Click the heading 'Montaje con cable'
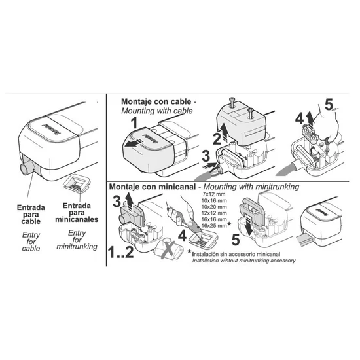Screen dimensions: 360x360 tap(156, 101)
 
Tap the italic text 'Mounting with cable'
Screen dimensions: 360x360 tap(157, 111)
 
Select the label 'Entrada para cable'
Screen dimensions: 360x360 tap(31, 215)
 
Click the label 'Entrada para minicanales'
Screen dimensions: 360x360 tap(77, 213)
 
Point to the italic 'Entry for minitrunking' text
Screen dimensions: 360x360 tap(77, 240)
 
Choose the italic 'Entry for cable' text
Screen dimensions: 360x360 tap(31, 242)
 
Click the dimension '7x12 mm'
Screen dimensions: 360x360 tap(214, 194)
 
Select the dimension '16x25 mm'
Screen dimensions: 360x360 tap(214, 226)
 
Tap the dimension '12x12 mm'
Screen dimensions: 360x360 tap(214, 213)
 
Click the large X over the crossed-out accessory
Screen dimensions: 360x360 tap(169, 250)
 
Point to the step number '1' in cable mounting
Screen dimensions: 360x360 tap(134, 122)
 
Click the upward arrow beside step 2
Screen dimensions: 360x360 tap(224, 131)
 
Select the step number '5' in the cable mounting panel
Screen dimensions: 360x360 tap(329, 105)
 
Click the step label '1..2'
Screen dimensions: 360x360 tap(121, 252)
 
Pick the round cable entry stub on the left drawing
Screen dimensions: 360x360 tap(25, 168)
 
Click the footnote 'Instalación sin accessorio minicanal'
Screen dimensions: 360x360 tap(236, 254)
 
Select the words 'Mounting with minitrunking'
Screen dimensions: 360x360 tap(251, 187)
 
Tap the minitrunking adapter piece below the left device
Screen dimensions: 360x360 tap(77, 184)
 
